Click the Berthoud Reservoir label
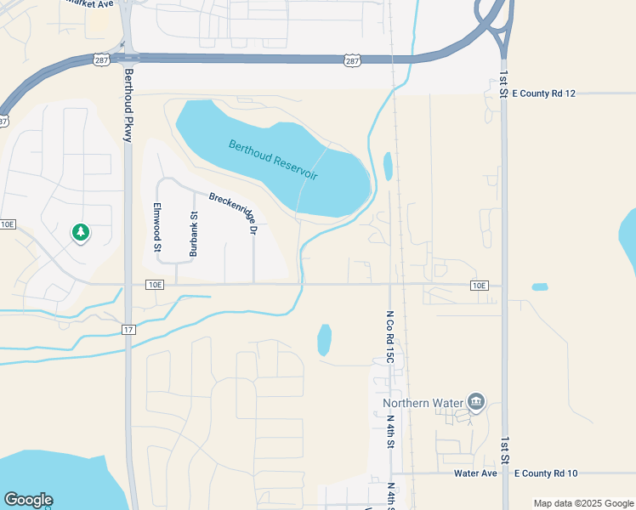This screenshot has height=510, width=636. click(x=273, y=159)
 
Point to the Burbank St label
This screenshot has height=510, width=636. click(x=193, y=234)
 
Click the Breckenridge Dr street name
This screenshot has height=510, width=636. click(x=232, y=213)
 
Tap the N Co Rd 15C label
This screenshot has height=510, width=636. click(x=389, y=337)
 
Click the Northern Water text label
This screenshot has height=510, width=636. click(x=423, y=403)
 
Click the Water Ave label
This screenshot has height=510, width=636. click(x=474, y=473)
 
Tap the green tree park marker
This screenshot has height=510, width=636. click(x=81, y=232)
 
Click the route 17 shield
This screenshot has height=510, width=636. click(x=128, y=329)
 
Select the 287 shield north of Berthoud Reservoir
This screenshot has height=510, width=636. click(x=353, y=60)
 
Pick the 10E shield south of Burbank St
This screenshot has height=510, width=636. click(x=154, y=285)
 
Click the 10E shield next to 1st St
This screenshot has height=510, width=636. click(x=479, y=286)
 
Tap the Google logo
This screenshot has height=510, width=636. click(x=28, y=500)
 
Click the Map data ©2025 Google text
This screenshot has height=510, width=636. click(x=582, y=503)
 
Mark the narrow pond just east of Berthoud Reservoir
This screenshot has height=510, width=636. click(x=388, y=166)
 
